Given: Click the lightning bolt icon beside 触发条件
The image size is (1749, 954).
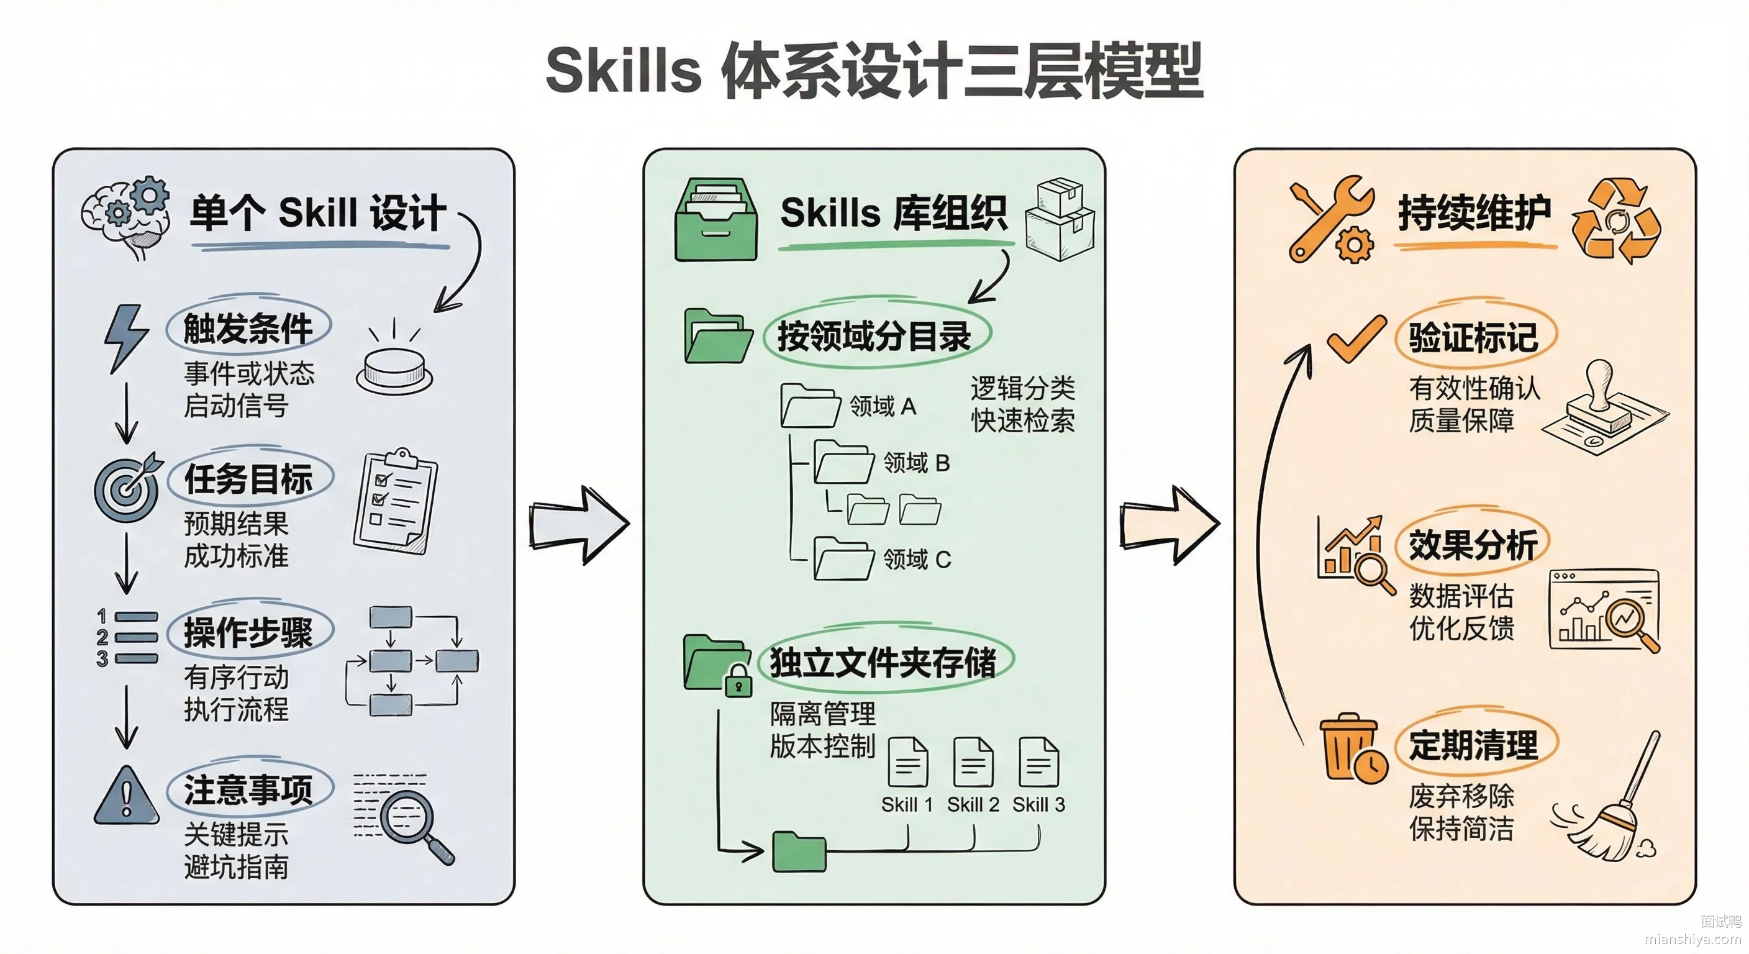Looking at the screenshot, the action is (x=125, y=338).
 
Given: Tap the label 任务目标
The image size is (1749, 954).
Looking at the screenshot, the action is (x=248, y=479).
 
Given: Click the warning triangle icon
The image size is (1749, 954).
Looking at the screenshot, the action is (x=126, y=796).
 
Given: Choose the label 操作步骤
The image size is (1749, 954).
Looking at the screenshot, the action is (x=248, y=633).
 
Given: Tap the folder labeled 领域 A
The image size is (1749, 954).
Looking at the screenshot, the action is (x=810, y=406).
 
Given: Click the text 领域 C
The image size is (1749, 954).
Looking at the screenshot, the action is (x=917, y=560).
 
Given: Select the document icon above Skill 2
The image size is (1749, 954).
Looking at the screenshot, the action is (x=973, y=762).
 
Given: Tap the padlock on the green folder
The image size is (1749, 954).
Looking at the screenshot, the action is (x=738, y=681).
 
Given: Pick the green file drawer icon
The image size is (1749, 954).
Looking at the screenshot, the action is (x=715, y=219).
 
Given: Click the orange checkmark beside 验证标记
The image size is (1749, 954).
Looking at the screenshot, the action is (x=1356, y=339).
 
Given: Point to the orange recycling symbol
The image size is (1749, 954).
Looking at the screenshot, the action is (x=1616, y=220).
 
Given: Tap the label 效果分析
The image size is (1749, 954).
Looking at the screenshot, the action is (x=1473, y=545).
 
